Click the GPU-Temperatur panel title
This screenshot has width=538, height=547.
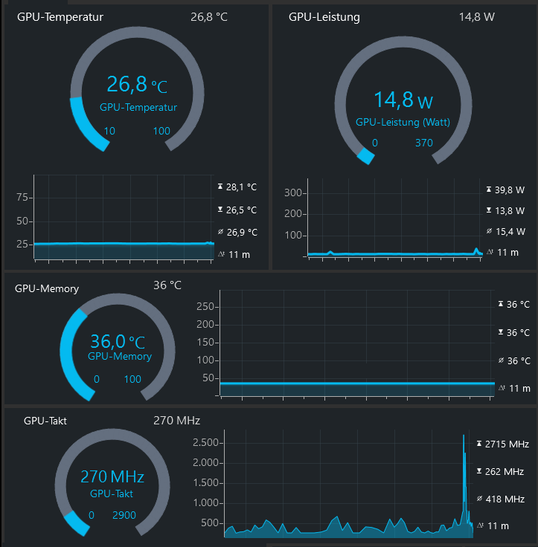point(60,17)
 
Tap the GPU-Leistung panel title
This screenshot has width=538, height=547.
point(324,17)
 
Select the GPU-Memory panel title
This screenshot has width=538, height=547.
point(47,288)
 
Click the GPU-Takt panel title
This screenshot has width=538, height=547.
point(46,421)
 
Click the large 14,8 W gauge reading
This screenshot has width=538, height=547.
point(403,100)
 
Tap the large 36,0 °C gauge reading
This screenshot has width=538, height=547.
point(118,342)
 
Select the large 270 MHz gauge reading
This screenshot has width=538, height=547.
point(112,476)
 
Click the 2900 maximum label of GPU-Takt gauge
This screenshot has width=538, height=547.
point(124,515)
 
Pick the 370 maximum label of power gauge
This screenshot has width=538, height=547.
point(424,143)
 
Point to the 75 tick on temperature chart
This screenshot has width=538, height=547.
point(22,197)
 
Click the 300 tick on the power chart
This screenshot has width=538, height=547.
point(294,193)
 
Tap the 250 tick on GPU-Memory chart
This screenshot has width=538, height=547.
point(206,306)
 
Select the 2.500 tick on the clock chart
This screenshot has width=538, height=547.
point(205,443)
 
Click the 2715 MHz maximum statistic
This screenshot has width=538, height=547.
point(506,444)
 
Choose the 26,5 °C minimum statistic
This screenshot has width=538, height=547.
point(241,210)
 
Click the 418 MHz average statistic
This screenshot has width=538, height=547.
point(505,499)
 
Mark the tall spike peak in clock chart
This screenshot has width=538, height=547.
point(464,436)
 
